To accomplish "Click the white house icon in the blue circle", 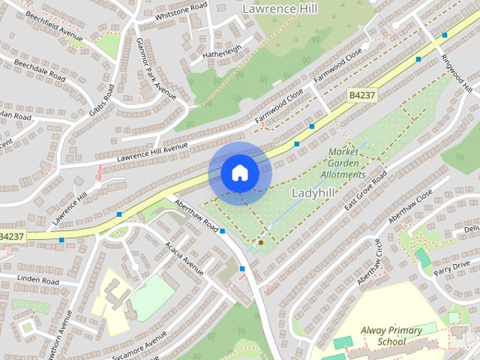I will [x=240, y=172].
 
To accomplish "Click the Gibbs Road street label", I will [x=103, y=103].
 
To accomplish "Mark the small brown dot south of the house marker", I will [x=260, y=242].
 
